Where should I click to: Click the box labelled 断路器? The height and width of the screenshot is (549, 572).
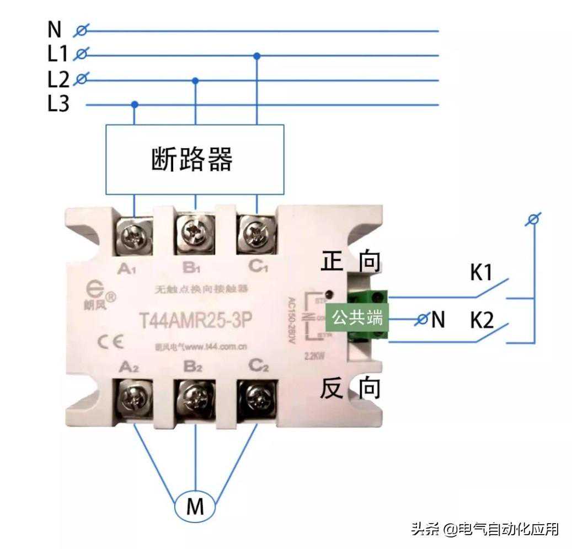(x=195, y=159)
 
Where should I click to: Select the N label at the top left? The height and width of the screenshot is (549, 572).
(x=55, y=30)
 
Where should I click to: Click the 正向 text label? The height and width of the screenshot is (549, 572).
(x=351, y=261)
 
